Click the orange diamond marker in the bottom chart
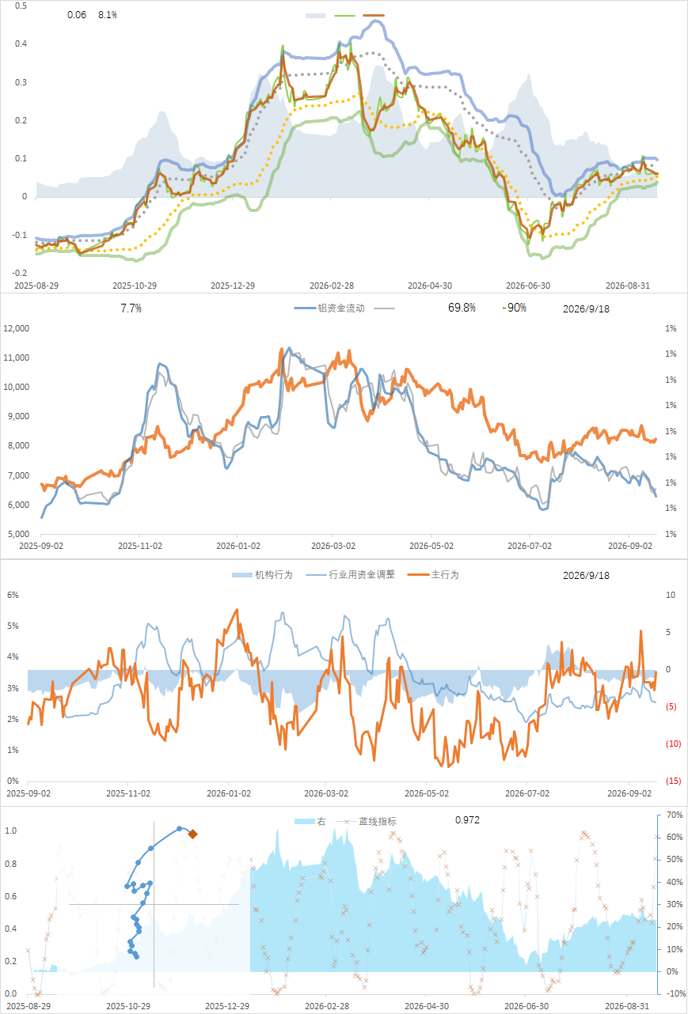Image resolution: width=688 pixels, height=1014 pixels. point(192,834)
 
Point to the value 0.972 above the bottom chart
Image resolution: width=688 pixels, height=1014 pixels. point(467,819)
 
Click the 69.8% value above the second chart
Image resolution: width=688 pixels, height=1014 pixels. point(462,308)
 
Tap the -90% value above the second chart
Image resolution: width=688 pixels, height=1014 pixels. point(514,308)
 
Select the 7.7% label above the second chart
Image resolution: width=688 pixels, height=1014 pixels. point(131,308)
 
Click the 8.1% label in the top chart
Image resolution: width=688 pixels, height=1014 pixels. point(108,15)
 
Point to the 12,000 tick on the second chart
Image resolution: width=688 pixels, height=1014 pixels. point(17,328)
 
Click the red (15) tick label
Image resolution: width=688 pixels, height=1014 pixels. point(673,781)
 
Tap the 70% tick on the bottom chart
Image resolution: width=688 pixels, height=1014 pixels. point(675,815)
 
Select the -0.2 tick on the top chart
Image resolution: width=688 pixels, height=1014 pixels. point(20,273)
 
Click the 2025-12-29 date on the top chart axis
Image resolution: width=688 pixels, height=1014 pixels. point(233,286)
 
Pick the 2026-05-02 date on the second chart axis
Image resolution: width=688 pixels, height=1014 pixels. point(431,546)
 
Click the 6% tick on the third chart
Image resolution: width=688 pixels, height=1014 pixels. point(13,595)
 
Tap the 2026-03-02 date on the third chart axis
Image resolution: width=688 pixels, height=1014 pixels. point(326,793)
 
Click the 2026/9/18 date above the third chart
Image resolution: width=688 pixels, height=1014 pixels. point(586,575)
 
